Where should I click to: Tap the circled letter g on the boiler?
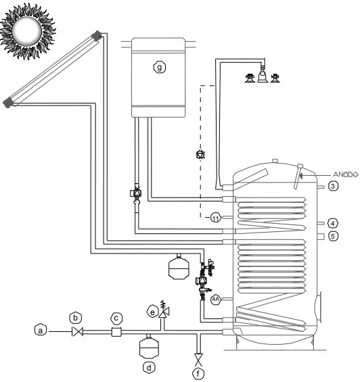pyautogui.click(x=159, y=68)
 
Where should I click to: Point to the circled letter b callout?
pyautogui.click(x=76, y=316)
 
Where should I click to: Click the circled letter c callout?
pyautogui.click(x=116, y=316)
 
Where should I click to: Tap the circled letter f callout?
pyautogui.click(x=198, y=371)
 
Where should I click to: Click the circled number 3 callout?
pyautogui.click(x=332, y=185)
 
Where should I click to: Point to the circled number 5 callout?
pyautogui.click(x=332, y=236)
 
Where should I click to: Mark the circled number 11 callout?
pyautogui.click(x=215, y=218)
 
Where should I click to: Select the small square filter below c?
pyautogui.click(x=116, y=332)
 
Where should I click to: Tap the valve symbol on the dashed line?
pyautogui.click(x=200, y=155)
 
